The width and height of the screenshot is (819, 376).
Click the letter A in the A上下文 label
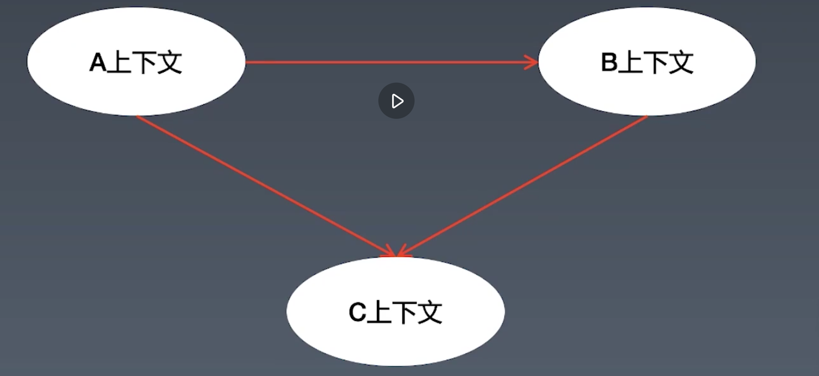98,63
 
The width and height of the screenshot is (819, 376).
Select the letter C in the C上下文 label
357,312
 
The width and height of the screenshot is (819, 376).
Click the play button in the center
396,101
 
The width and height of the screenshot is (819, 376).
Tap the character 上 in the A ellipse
120,63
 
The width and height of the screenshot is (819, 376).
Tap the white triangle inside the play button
397,101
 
